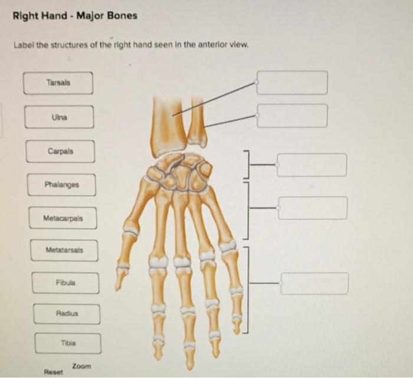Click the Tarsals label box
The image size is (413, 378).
click(x=58, y=83)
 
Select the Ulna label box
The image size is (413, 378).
click(x=59, y=117)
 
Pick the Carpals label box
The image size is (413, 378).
click(x=60, y=151)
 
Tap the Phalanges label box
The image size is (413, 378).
click(x=61, y=185)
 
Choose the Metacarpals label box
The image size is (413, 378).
click(x=63, y=218)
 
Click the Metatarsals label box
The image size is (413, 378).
click(x=64, y=250)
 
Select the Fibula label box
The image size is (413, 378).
click(x=65, y=282)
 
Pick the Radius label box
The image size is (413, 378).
click(x=67, y=314)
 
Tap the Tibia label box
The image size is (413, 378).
click(x=68, y=343)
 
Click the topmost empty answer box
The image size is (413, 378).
click(x=292, y=83)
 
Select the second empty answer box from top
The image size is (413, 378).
click(x=292, y=116)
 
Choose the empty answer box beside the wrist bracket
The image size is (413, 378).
click(x=312, y=165)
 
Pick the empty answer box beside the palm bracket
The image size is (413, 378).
click(x=313, y=208)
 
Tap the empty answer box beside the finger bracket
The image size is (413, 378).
click(x=314, y=283)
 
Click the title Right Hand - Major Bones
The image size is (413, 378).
click(x=75, y=15)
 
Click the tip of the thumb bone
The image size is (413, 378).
click(x=119, y=286)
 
